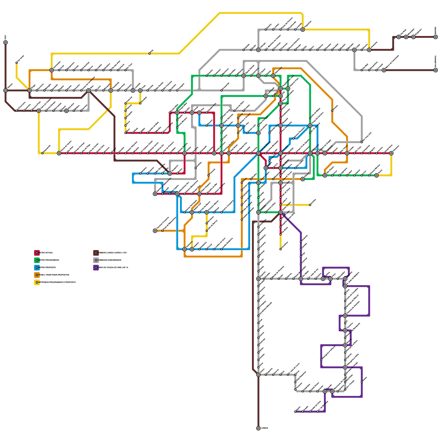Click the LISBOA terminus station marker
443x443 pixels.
coord(258,428)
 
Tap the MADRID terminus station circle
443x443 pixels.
coord(436,37)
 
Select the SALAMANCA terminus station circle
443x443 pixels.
coord(436,70)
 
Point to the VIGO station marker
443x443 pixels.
coord(6,42)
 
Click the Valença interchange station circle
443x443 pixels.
coord(6,90)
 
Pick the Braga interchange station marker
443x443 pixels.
coord(30,90)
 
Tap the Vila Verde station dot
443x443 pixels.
coord(17,63)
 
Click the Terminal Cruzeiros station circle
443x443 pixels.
coord(155,231)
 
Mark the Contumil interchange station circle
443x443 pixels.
coord(325,153)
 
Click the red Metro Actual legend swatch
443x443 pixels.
coord(37,253)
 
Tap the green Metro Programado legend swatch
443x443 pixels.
coord(37,260)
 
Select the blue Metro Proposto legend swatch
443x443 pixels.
coord(37,268)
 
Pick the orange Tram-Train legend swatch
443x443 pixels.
coord(37,275)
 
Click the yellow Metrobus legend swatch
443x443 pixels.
coord(37,282)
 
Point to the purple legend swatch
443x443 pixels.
coord(96,268)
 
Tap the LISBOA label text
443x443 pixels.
coord(264,428)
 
